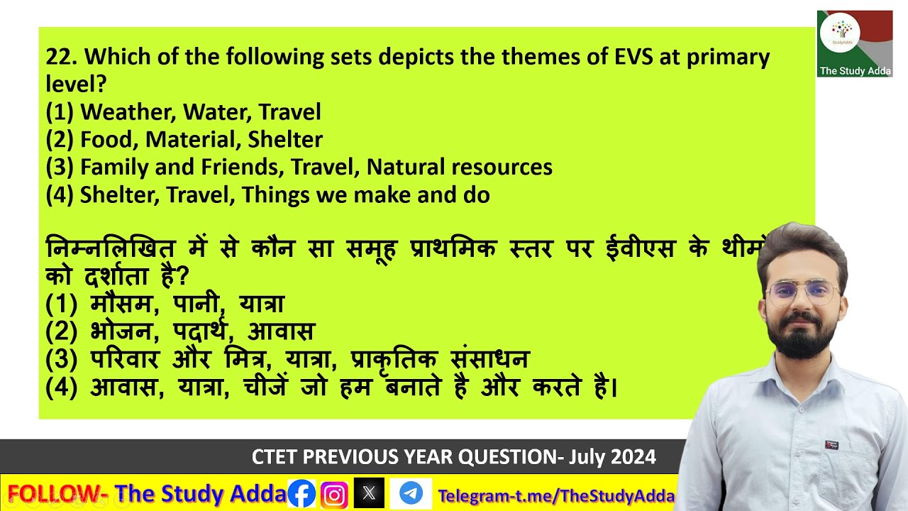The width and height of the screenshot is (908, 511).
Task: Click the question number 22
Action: (x=59, y=57)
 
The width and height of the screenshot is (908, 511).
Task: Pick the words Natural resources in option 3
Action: (x=459, y=167)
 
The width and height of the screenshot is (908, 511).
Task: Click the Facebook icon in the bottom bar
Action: (x=301, y=494)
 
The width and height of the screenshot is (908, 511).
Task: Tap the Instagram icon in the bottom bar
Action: (x=334, y=494)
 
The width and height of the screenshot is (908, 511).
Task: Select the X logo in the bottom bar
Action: (x=369, y=494)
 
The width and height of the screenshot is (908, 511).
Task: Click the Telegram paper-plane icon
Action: (x=411, y=493)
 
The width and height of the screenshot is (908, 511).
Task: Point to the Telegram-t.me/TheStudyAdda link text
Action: (x=555, y=495)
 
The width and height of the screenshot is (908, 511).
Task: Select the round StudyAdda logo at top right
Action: (x=840, y=33)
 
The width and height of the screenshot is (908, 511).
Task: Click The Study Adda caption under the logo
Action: (x=855, y=71)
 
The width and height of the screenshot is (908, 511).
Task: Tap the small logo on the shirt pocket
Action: (x=831, y=445)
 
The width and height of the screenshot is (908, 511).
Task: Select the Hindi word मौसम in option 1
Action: (x=121, y=304)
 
